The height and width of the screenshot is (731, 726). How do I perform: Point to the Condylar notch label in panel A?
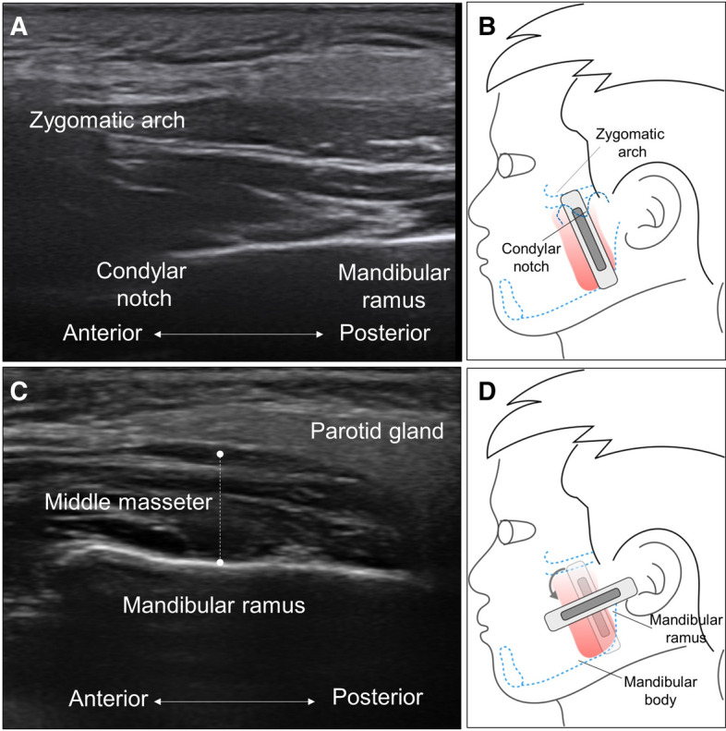point(135,285)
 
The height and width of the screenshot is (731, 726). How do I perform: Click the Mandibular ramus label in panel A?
point(393,285)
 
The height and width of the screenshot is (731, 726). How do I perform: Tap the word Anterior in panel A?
point(103,332)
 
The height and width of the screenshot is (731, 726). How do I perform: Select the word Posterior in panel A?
point(384,332)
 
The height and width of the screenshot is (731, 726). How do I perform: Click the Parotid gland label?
point(365,431)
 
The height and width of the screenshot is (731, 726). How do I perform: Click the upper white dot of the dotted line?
point(220,454)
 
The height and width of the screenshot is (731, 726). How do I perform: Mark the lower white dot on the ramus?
point(220,562)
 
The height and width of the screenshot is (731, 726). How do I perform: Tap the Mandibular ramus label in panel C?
point(214,604)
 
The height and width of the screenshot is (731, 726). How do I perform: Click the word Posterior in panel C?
point(378,696)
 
